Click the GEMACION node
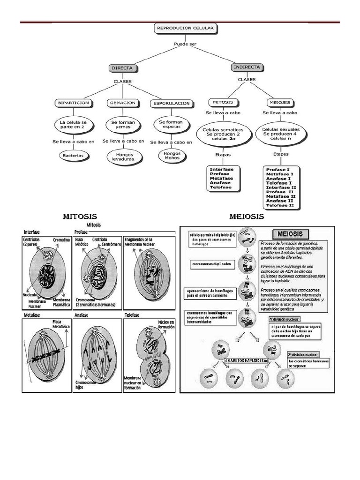[123, 103]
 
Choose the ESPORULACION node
[171, 103]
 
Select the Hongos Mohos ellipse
[169, 156]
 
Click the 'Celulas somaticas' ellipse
[223, 132]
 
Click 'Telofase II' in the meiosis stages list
[280, 205]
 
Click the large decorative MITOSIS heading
[80, 217]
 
